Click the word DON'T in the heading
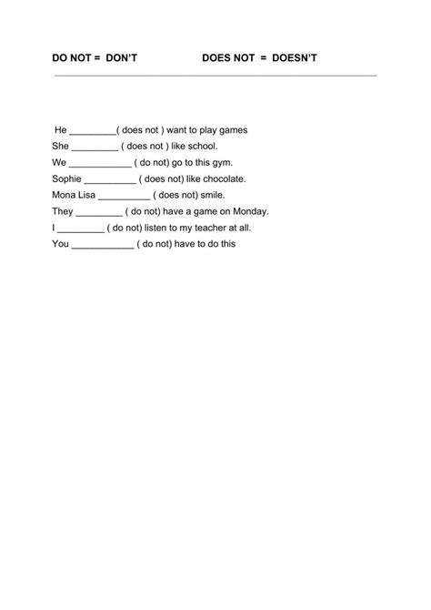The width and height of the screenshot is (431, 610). click(121, 59)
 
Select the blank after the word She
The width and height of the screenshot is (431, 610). click(95, 147)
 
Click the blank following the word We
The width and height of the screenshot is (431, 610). click(101, 163)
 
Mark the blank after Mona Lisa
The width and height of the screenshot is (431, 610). click(123, 195)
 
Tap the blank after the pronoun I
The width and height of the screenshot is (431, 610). click(81, 228)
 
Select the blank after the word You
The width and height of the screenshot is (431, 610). click(102, 244)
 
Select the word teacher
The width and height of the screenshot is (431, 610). click(201, 228)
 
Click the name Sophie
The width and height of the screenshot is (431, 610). click(66, 179)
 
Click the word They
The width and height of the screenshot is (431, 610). click(63, 211)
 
